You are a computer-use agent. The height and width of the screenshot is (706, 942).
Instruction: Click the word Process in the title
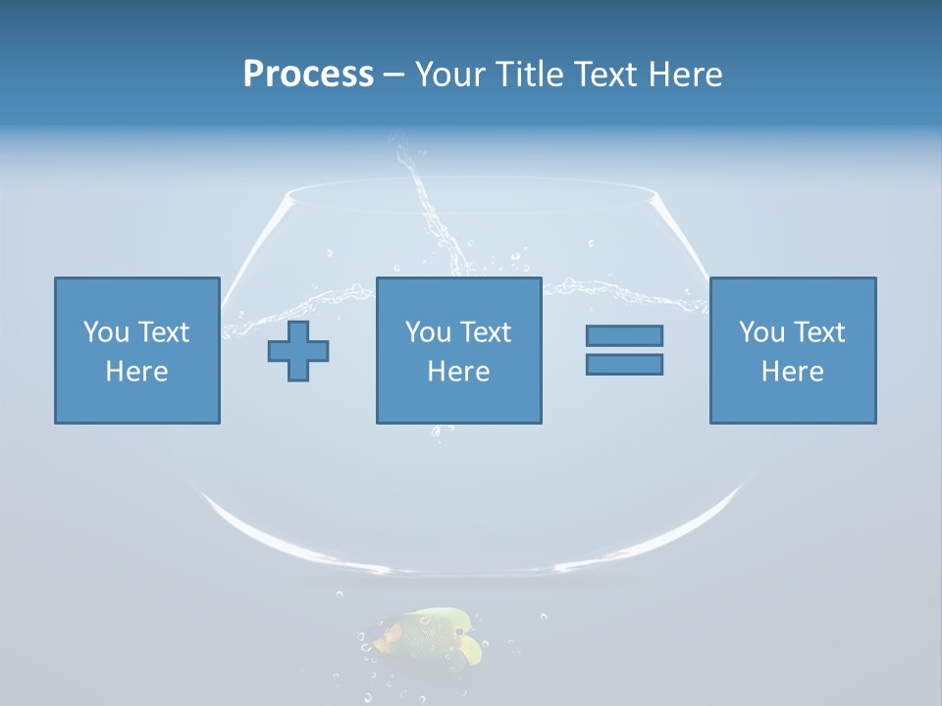tap(308, 75)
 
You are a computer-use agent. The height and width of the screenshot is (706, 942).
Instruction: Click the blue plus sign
tap(298, 351)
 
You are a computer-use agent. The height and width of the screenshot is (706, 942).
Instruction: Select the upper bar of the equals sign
tap(624, 335)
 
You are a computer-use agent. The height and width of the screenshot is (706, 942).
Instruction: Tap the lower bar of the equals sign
tap(624, 365)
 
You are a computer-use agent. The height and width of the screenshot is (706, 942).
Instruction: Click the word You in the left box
tap(106, 332)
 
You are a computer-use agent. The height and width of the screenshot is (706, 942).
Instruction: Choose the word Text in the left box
tap(165, 332)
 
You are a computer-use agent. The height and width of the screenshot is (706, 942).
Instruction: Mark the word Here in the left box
tap(137, 372)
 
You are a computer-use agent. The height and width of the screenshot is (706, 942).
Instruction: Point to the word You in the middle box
tap(428, 332)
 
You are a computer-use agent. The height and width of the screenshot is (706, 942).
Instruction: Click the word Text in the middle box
tap(487, 332)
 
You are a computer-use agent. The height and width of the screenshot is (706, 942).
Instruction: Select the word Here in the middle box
tap(459, 372)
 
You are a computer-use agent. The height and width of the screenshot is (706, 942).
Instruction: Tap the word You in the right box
tap(761, 332)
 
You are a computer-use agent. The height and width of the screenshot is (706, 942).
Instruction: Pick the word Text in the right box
tap(820, 332)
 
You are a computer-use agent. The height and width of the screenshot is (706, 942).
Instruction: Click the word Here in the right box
tap(793, 372)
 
